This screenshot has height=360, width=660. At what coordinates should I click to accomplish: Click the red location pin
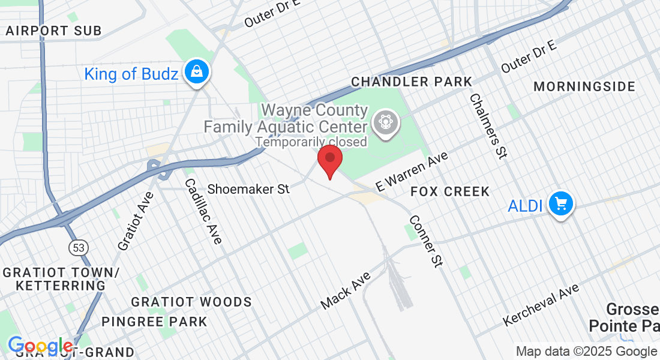(329, 160)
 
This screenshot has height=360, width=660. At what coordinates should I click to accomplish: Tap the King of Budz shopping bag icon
(196, 73)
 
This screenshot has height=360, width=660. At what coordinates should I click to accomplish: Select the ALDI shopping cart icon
(560, 205)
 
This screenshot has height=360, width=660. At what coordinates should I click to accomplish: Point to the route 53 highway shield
(78, 247)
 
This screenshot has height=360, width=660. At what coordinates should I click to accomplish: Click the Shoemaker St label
(248, 189)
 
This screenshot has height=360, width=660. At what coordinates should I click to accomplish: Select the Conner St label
(426, 241)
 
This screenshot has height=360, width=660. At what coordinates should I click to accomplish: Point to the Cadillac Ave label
(203, 211)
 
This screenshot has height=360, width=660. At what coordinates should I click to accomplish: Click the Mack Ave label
(346, 290)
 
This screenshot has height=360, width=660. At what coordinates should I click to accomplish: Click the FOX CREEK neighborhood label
(450, 192)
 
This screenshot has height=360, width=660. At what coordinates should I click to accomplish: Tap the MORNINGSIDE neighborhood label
(584, 87)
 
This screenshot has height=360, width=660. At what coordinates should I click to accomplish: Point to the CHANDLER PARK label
(412, 82)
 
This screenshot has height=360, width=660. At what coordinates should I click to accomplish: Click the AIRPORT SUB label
(53, 31)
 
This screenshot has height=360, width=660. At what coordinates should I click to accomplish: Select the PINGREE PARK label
(154, 322)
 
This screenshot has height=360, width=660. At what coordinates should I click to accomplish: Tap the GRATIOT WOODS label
(191, 302)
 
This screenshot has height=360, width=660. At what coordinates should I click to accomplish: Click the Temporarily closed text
(311, 142)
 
